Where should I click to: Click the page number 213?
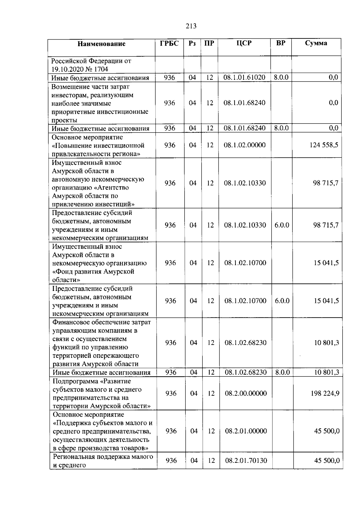(191, 26)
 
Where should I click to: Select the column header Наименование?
(101, 44)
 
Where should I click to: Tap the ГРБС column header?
(169, 43)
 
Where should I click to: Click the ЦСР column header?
(244, 43)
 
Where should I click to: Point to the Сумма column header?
(316, 43)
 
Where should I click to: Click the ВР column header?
(281, 43)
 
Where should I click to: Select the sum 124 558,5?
(324, 145)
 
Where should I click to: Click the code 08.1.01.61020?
(244, 77)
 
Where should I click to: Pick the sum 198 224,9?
(325, 393)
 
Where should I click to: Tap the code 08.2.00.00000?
(246, 393)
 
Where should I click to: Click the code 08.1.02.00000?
(244, 145)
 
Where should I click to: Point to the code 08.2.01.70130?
(246, 460)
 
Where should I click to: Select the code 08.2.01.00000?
(246, 431)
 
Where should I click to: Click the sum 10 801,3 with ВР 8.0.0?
(326, 373)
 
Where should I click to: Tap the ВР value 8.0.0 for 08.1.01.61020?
(281, 77)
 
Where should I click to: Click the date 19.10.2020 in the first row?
(67, 69)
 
